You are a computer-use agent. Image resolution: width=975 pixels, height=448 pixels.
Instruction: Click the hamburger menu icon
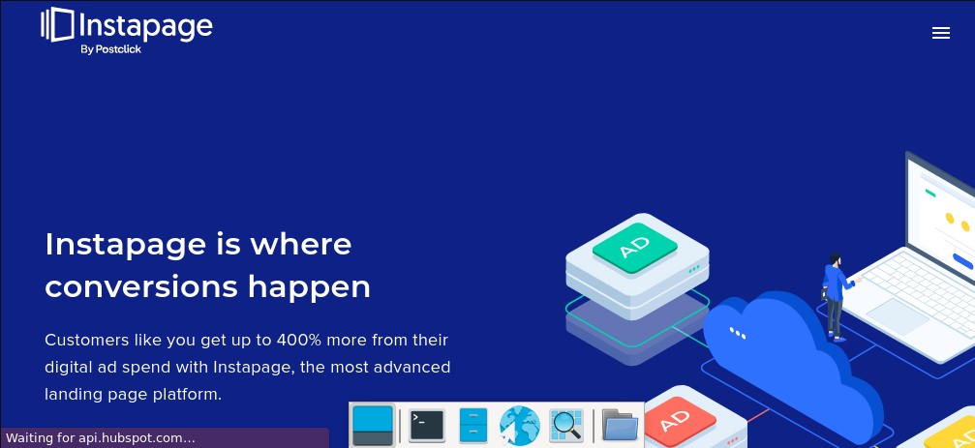coord(941,33)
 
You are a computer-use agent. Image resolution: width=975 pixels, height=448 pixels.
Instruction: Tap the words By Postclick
coord(110,49)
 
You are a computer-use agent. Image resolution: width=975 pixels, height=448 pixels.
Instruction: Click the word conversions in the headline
coord(141,287)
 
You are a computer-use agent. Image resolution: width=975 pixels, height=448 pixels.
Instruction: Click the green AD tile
coord(635,248)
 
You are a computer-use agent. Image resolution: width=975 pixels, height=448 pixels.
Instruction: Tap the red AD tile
coord(679,422)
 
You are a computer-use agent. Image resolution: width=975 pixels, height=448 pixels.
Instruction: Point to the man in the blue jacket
coord(836,296)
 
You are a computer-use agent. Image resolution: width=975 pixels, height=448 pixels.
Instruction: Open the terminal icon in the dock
coord(427,426)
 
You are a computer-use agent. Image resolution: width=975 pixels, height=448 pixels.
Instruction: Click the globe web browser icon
coord(519,426)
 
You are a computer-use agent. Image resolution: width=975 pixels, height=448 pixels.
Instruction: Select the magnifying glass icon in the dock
coord(565,426)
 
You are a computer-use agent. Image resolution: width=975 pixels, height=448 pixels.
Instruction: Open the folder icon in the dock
coord(620,426)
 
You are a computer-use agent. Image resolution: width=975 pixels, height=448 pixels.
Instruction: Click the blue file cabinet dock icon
coord(473,426)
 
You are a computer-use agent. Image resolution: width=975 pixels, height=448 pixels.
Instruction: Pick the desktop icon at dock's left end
coord(373,426)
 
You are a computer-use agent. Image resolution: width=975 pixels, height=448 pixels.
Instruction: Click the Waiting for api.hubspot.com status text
coord(101,438)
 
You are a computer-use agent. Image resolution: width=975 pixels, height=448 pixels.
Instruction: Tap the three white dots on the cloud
coord(738,333)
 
